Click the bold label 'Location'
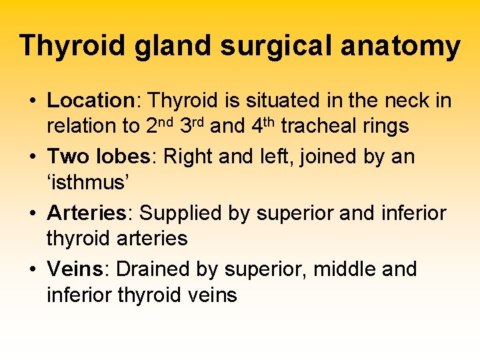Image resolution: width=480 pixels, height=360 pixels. click(91, 101)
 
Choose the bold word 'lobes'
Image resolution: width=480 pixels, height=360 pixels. click(125, 157)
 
